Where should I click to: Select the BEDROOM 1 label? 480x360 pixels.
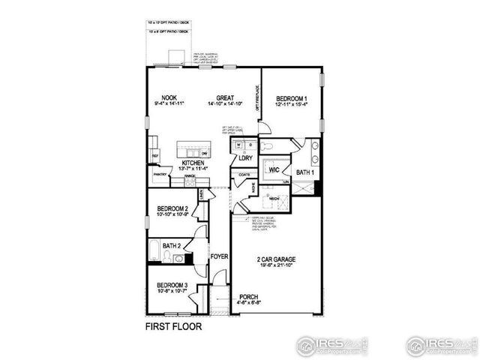[292, 98]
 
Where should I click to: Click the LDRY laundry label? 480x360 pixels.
[245, 159]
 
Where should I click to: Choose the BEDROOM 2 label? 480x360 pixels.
[172, 209]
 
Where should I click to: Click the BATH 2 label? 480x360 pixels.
[172, 245]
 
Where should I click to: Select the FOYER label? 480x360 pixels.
[218, 256]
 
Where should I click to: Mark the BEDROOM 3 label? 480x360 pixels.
[172, 286]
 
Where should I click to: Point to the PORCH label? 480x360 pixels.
[249, 297]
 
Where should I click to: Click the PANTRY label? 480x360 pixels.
[160, 175]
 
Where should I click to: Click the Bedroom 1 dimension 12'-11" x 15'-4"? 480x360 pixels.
[292, 105]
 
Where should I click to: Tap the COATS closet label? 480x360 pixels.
[244, 175]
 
